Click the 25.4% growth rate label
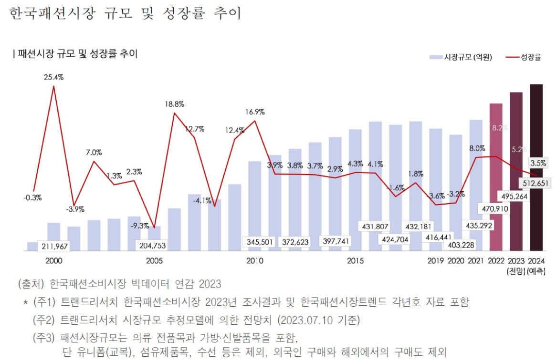pyautogui.click(x=53, y=77)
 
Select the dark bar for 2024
pyautogui.click(x=536, y=143)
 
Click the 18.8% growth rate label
pyautogui.click(x=174, y=104)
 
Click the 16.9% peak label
pyautogui.click(x=255, y=112)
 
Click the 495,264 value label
pyautogui.click(x=514, y=196)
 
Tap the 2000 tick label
pyautogui.click(x=53, y=261)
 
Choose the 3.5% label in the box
pyautogui.click(x=537, y=163)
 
